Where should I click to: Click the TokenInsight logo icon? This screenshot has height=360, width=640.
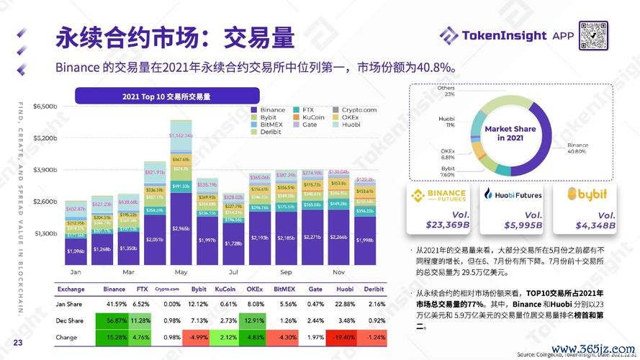click(448, 35)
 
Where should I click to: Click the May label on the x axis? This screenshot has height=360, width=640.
click(180, 273)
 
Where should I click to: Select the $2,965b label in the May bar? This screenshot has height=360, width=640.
click(180, 229)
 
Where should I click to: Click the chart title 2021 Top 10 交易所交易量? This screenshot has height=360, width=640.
click(171, 95)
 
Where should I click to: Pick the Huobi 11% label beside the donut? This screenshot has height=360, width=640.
click(446, 121)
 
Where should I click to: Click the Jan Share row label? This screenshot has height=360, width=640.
click(70, 304)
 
